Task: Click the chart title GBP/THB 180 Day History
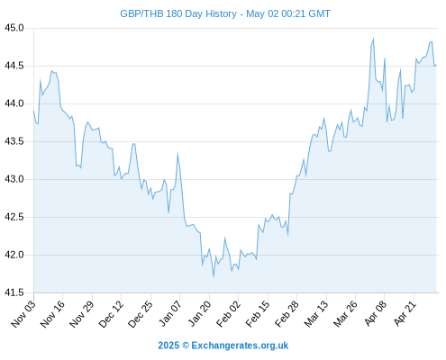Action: tap(178, 13)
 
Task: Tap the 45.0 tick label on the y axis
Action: tap(14, 28)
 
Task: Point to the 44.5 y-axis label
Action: tap(14, 66)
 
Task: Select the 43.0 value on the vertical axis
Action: tap(14, 179)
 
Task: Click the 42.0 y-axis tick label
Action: tap(14, 255)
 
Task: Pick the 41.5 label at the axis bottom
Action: tap(14, 292)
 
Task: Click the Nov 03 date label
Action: tap(23, 313)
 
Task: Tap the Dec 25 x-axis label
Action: tap(141, 313)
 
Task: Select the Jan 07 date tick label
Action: tap(170, 313)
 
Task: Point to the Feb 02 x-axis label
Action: tap(229, 313)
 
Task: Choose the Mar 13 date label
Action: tap(316, 313)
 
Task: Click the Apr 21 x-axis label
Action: tap(405, 313)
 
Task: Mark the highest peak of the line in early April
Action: tap(373, 39)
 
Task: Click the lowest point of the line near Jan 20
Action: tap(214, 277)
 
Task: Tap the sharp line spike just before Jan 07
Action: tap(177, 154)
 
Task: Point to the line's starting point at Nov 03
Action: tap(33, 111)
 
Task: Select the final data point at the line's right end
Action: tap(436, 64)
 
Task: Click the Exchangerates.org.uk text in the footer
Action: tap(240, 346)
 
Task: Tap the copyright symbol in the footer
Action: tap(186, 346)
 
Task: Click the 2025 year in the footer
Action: tap(168, 346)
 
